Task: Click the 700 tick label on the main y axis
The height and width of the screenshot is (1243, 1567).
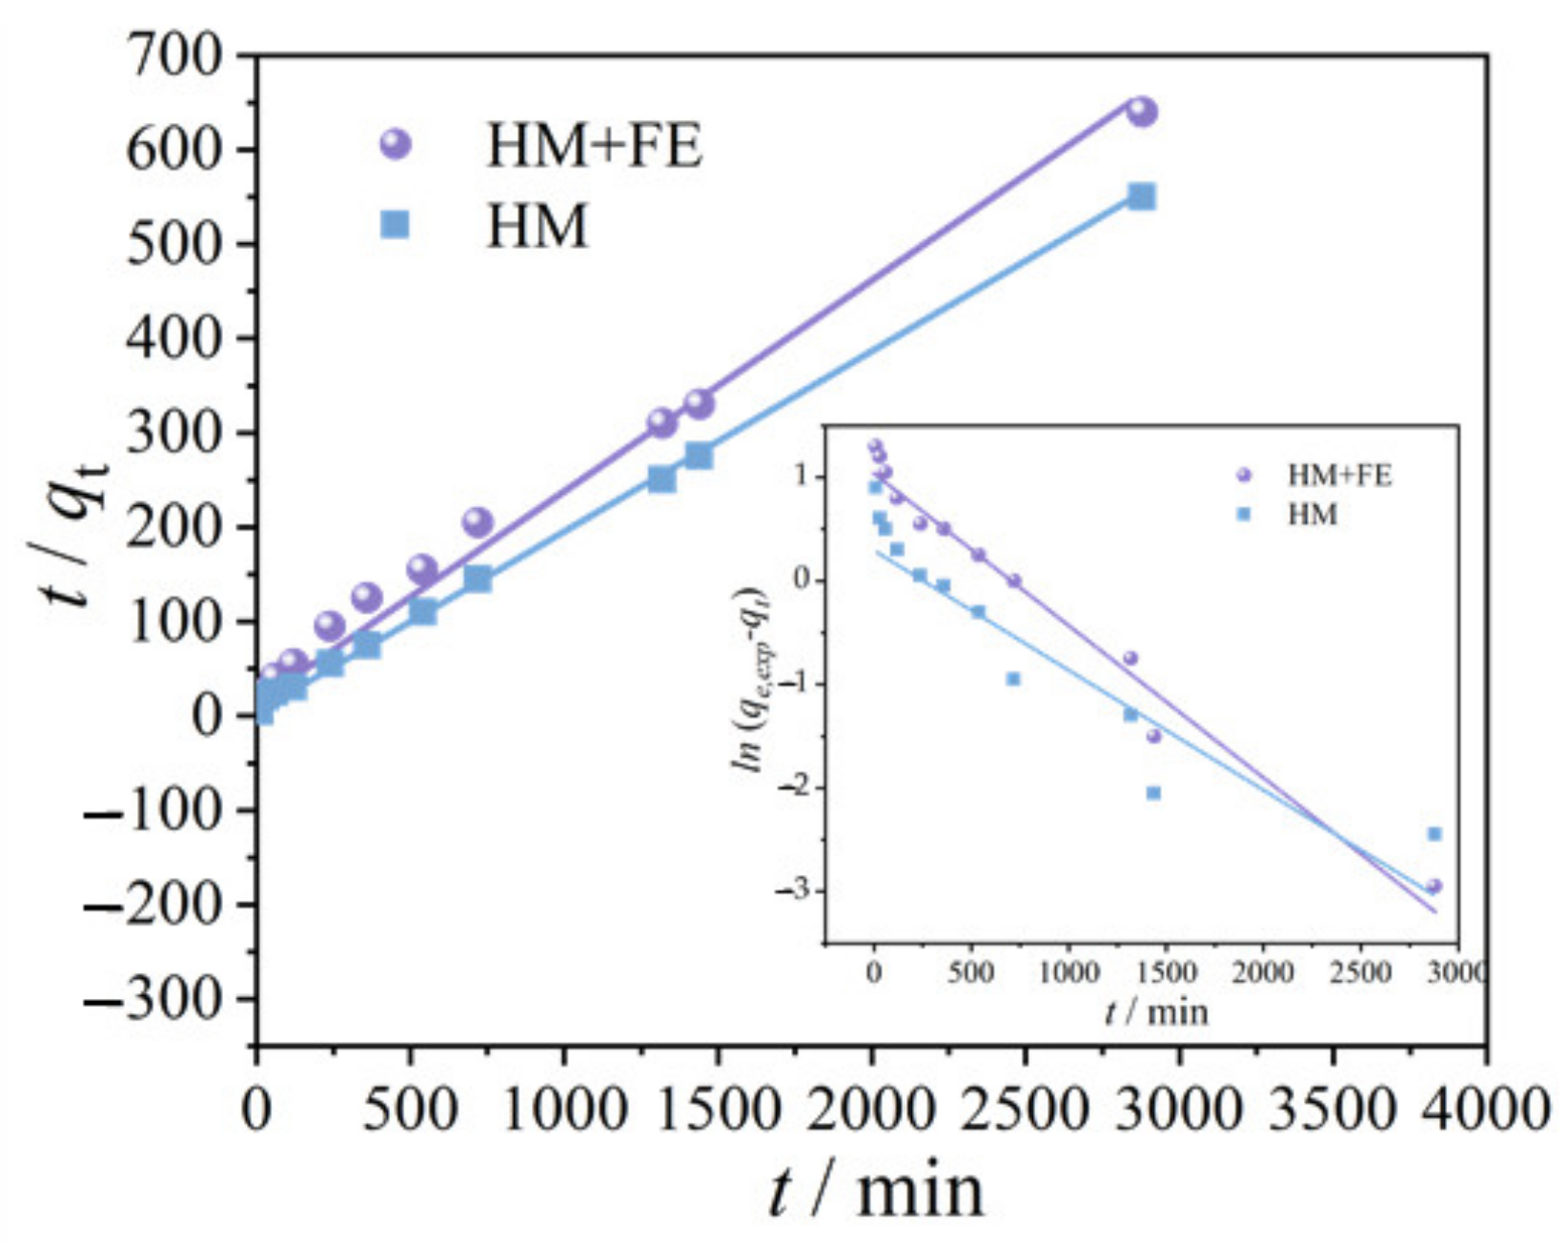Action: point(176,59)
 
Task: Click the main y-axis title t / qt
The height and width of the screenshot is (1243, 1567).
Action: point(72,535)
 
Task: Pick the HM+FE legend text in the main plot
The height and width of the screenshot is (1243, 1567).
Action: point(594,147)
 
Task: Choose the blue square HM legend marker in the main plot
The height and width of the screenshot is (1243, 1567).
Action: point(395,225)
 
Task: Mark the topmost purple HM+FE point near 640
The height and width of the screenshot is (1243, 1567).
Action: point(1142,112)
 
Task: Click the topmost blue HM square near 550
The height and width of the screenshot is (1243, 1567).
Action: point(1142,197)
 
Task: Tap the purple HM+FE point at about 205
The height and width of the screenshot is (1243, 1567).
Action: point(478,521)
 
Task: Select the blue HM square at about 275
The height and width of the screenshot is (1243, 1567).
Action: point(699,456)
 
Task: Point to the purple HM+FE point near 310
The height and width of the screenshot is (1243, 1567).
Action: point(661,422)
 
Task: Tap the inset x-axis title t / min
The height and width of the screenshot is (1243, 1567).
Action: point(1156,1011)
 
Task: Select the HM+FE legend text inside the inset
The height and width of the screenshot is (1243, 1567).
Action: point(1339,475)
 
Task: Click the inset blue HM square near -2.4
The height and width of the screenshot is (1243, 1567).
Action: point(1434,834)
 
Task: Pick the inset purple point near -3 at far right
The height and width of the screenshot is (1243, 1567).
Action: point(1434,886)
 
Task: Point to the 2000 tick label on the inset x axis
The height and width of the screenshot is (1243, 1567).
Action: point(1262,972)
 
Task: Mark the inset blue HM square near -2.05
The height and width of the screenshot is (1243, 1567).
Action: point(1153,793)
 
